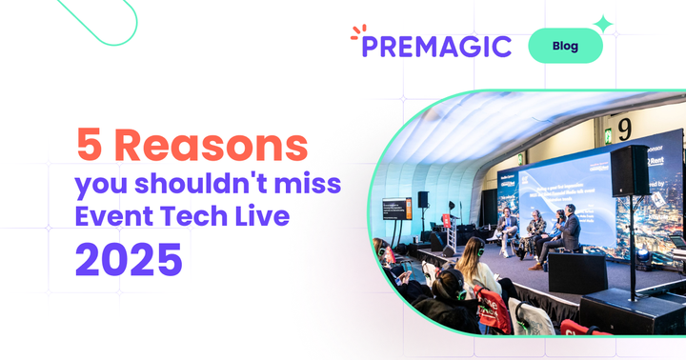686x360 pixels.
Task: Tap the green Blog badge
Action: click(x=565, y=46)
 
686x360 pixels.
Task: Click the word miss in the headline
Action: click(x=312, y=183)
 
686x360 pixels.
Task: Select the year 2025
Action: click(x=129, y=259)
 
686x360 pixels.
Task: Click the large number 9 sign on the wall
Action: click(x=624, y=129)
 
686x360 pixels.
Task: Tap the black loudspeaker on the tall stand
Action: click(x=630, y=171)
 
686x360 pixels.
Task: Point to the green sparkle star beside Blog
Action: click(x=603, y=24)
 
